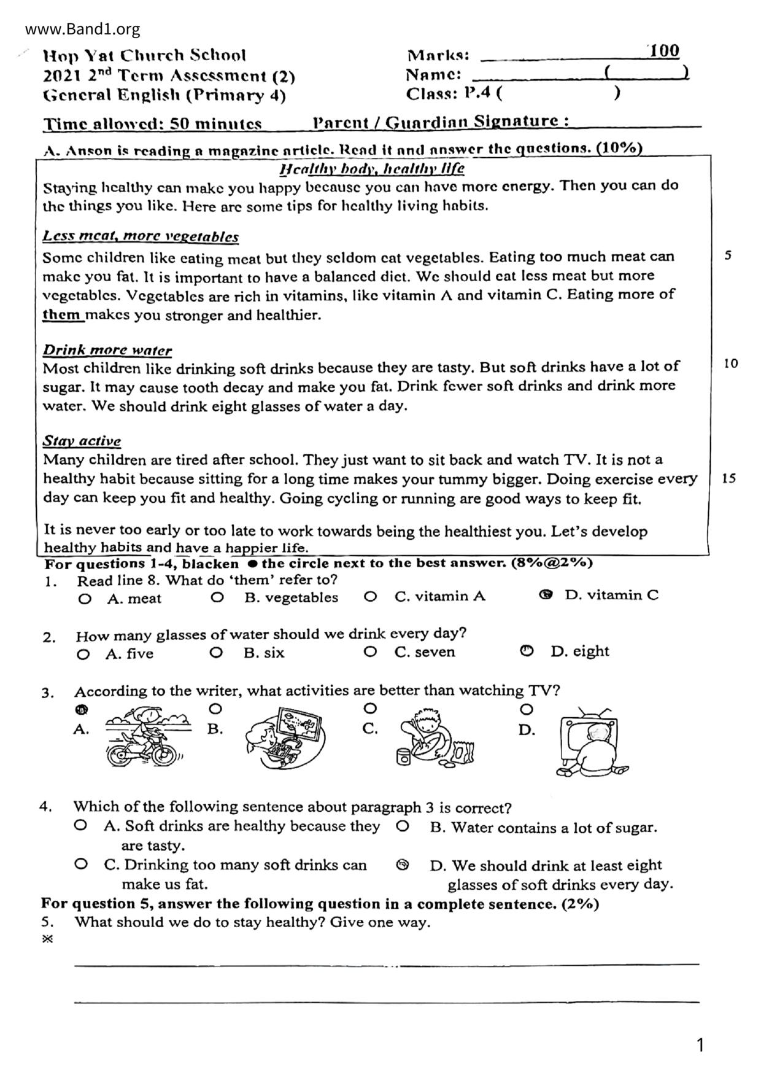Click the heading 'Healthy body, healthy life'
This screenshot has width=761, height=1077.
(x=372, y=168)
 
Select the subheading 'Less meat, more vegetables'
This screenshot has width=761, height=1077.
(x=141, y=236)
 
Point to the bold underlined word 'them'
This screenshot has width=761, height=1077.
(x=62, y=315)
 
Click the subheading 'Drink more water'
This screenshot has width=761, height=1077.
(x=107, y=351)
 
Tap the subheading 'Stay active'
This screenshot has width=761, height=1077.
(x=82, y=441)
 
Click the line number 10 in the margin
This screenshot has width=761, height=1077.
(x=730, y=364)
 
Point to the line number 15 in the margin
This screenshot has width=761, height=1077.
(x=729, y=478)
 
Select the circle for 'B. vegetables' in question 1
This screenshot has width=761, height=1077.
(x=217, y=597)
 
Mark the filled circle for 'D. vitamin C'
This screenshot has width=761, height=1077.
(x=545, y=594)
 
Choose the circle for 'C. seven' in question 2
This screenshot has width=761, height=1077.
(x=370, y=651)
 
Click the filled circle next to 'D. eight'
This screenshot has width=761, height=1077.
(x=527, y=651)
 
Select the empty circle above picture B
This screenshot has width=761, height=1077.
(x=215, y=709)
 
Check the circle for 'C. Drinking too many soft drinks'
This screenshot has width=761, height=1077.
(x=80, y=864)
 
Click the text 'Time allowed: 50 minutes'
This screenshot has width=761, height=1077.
(x=153, y=123)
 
